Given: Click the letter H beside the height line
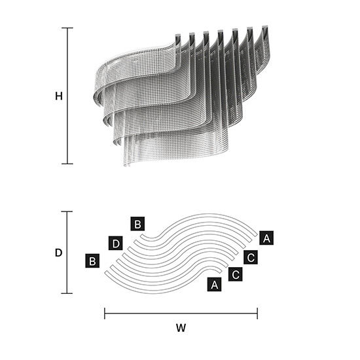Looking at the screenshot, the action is click(x=59, y=96).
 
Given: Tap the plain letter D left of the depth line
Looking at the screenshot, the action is click(x=58, y=253).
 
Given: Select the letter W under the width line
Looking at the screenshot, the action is click(x=181, y=328).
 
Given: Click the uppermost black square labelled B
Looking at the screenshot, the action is click(x=137, y=224).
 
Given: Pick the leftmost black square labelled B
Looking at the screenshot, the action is click(x=92, y=261).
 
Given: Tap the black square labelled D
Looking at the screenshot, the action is click(x=115, y=243).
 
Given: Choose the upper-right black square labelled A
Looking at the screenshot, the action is click(x=266, y=238).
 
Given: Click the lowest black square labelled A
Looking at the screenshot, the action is click(x=214, y=285).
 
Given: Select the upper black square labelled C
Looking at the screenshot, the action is click(x=251, y=257).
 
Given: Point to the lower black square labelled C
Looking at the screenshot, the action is click(x=236, y=274).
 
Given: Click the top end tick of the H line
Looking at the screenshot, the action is click(x=67, y=28).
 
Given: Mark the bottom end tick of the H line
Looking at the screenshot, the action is click(x=67, y=164).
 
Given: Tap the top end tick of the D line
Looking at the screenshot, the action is click(x=67, y=211).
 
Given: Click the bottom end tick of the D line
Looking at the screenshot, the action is click(x=67, y=293).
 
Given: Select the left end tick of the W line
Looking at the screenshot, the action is click(x=105, y=314).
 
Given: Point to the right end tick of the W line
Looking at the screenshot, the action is click(x=257, y=314).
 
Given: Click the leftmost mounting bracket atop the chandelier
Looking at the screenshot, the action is click(x=178, y=36).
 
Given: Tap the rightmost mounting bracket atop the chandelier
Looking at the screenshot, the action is click(x=265, y=27).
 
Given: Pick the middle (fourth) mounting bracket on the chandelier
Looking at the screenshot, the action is click(x=221, y=32).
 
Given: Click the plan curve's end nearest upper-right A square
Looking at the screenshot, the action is click(x=256, y=234).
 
